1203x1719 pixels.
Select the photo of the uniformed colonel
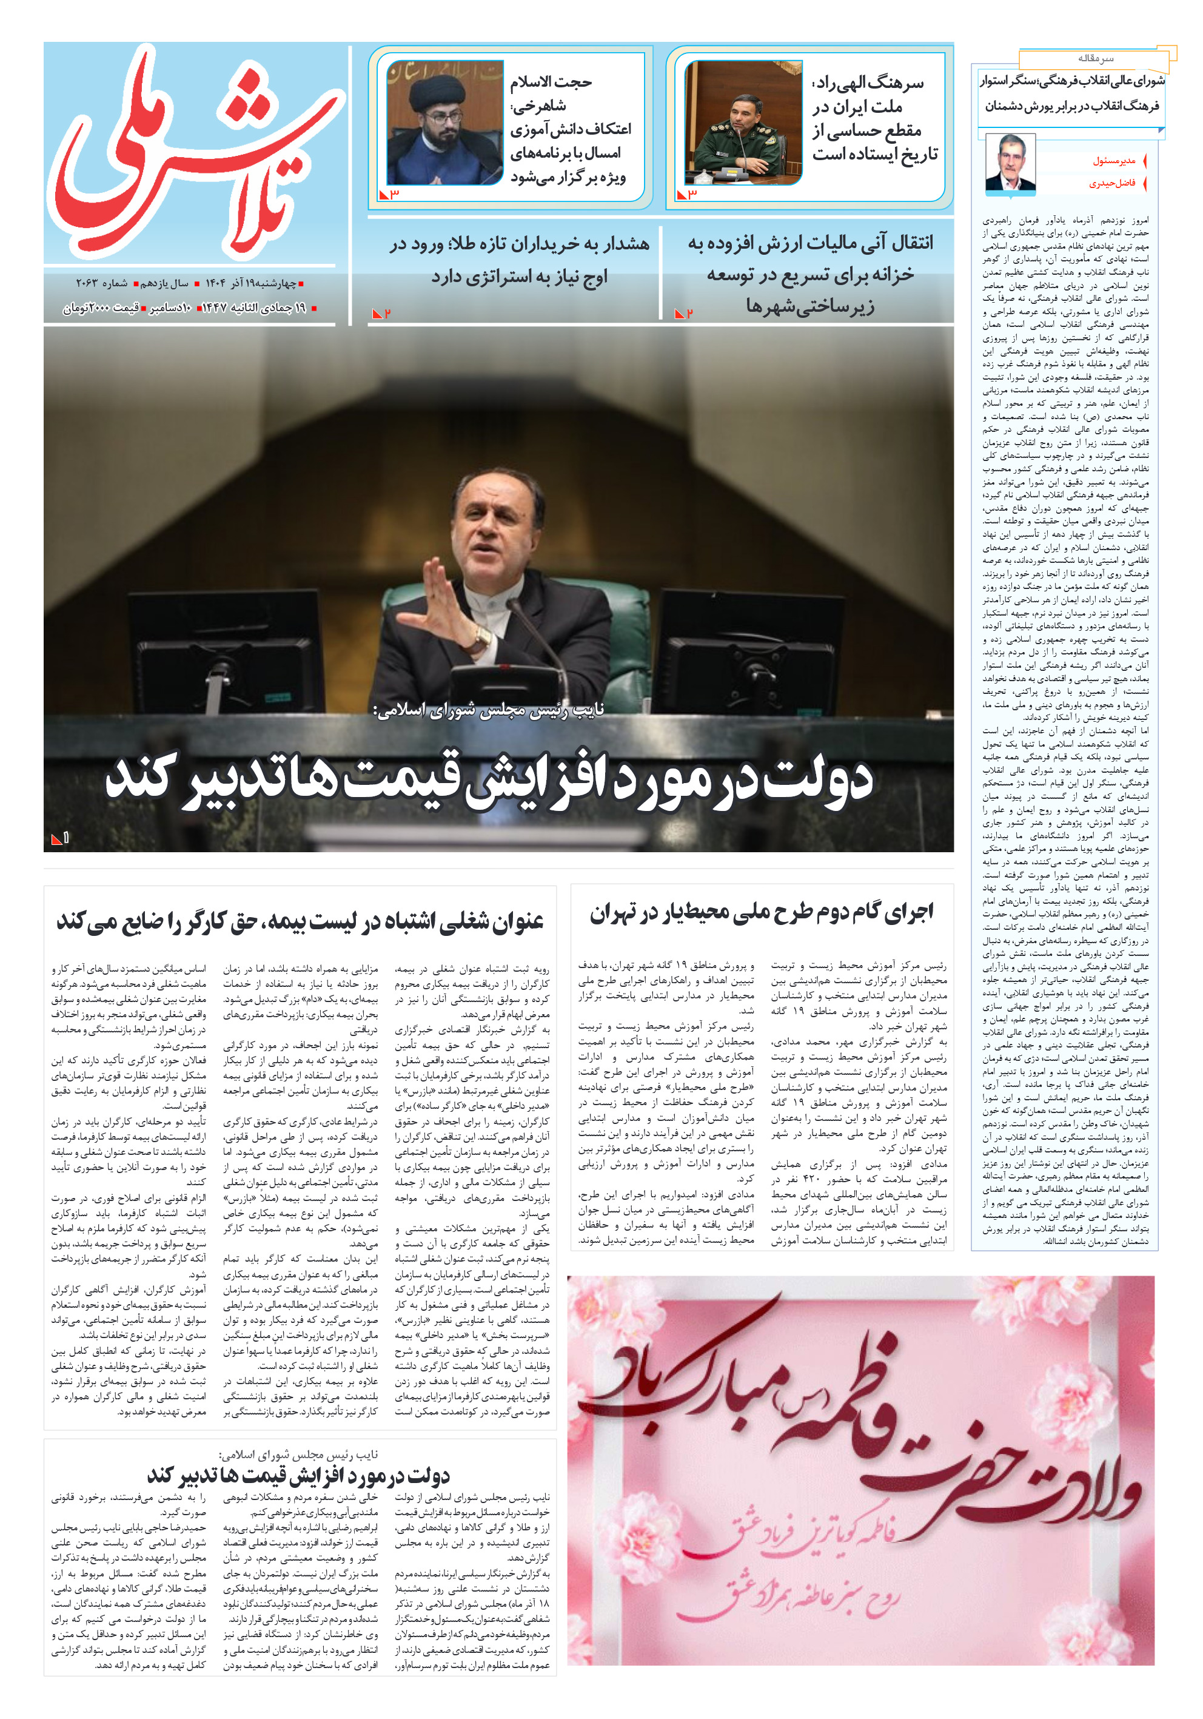[743, 123]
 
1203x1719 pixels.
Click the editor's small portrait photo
[1010, 163]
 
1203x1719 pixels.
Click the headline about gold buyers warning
[519, 260]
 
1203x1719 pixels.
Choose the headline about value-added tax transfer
[810, 274]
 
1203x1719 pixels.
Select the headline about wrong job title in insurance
[300, 921]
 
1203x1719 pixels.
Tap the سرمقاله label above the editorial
[1095, 58]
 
